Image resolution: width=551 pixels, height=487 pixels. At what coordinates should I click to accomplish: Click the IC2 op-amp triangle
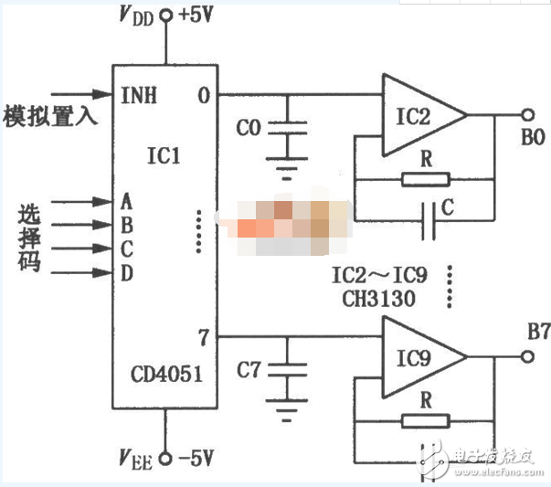click(x=420, y=116)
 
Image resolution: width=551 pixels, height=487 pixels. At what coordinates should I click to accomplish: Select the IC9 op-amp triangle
click(x=420, y=358)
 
